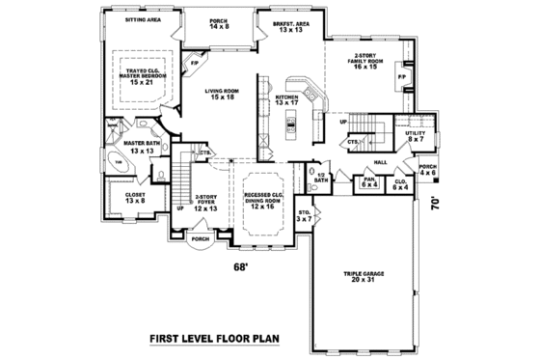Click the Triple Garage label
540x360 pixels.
(x=363, y=276)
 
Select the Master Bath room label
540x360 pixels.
(x=142, y=148)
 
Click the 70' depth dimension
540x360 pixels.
(x=437, y=204)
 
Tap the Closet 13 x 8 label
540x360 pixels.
(x=135, y=199)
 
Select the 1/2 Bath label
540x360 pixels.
(x=321, y=179)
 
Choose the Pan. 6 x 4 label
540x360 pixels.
(x=369, y=180)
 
